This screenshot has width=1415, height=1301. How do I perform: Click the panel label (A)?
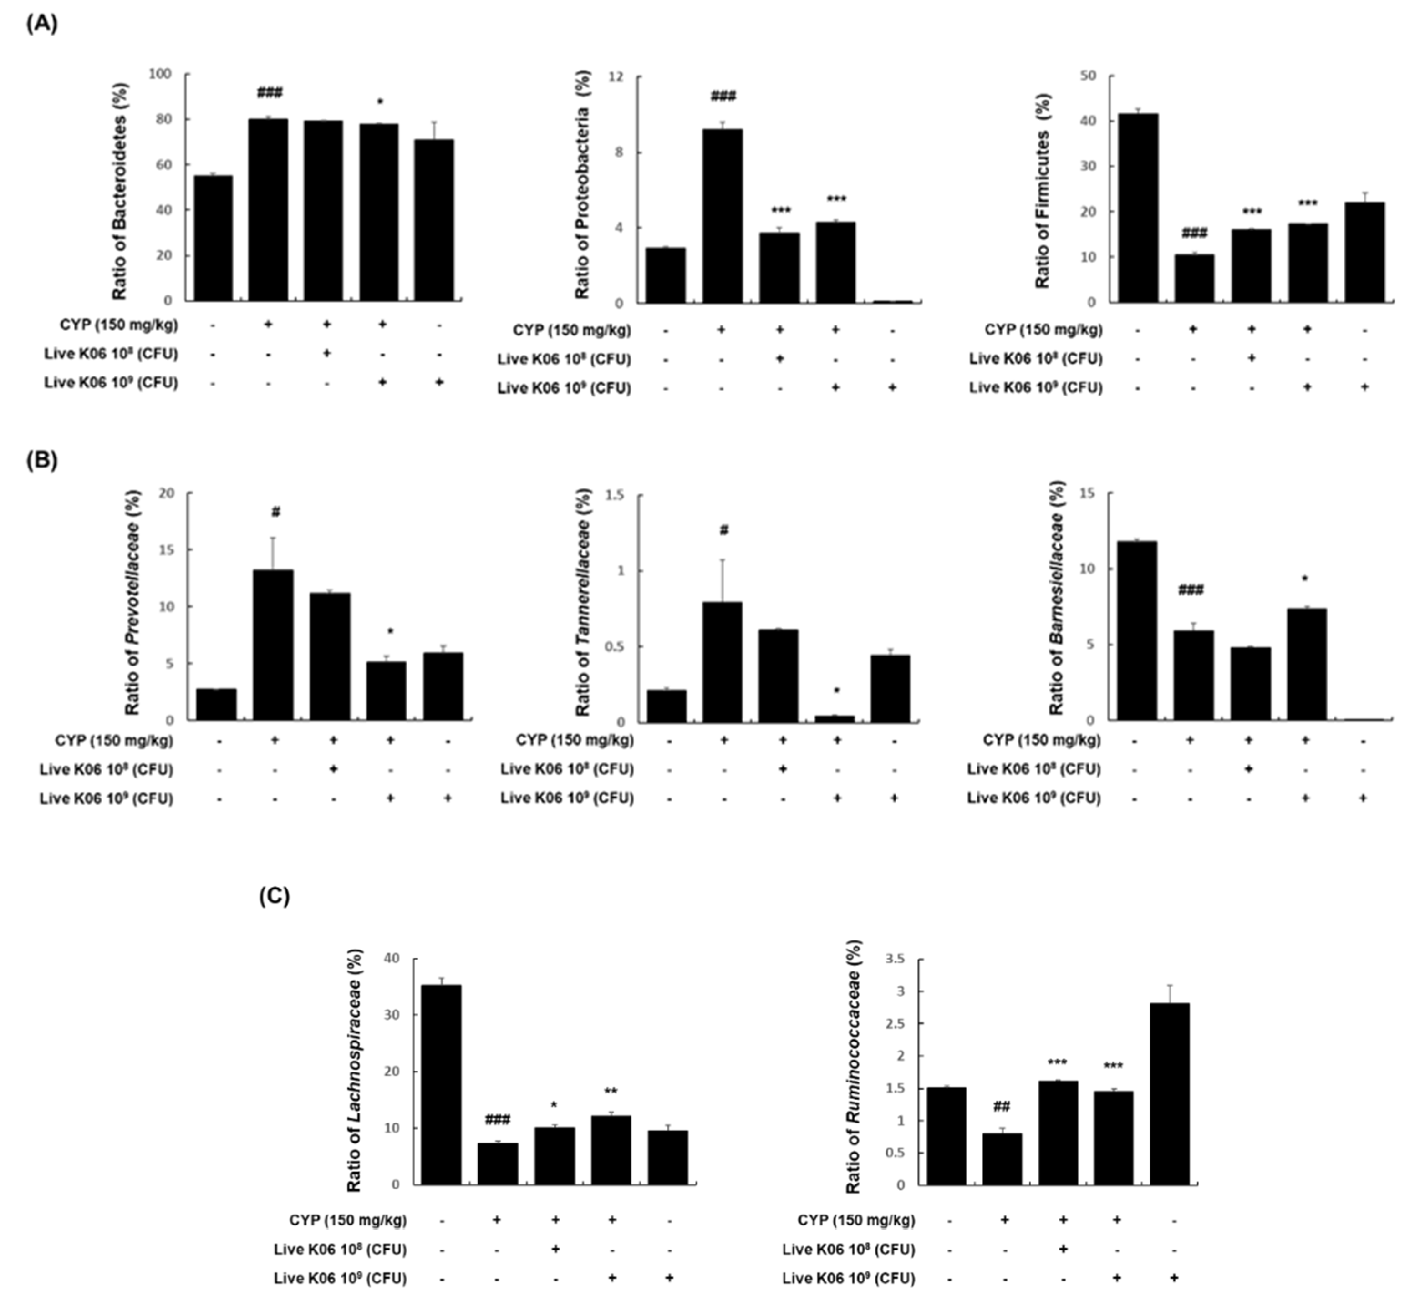(x=41, y=23)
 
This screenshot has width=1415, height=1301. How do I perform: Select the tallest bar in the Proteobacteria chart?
(x=722, y=216)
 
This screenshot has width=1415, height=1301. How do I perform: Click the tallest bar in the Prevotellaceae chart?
(x=274, y=645)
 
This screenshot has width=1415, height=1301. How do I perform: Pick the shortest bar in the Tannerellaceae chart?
(x=835, y=719)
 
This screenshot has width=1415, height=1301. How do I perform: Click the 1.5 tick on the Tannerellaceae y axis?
(x=615, y=495)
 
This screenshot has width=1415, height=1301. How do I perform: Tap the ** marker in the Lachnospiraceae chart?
(x=611, y=1092)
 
